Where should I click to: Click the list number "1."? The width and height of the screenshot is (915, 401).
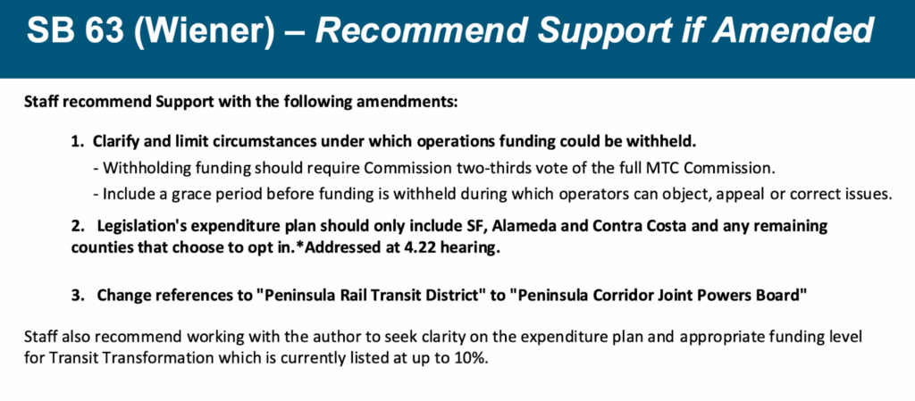pyautogui.click(x=78, y=142)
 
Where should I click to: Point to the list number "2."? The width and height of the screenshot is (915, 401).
pyautogui.click(x=79, y=226)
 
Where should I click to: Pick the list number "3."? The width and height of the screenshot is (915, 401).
pyautogui.click(x=79, y=296)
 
